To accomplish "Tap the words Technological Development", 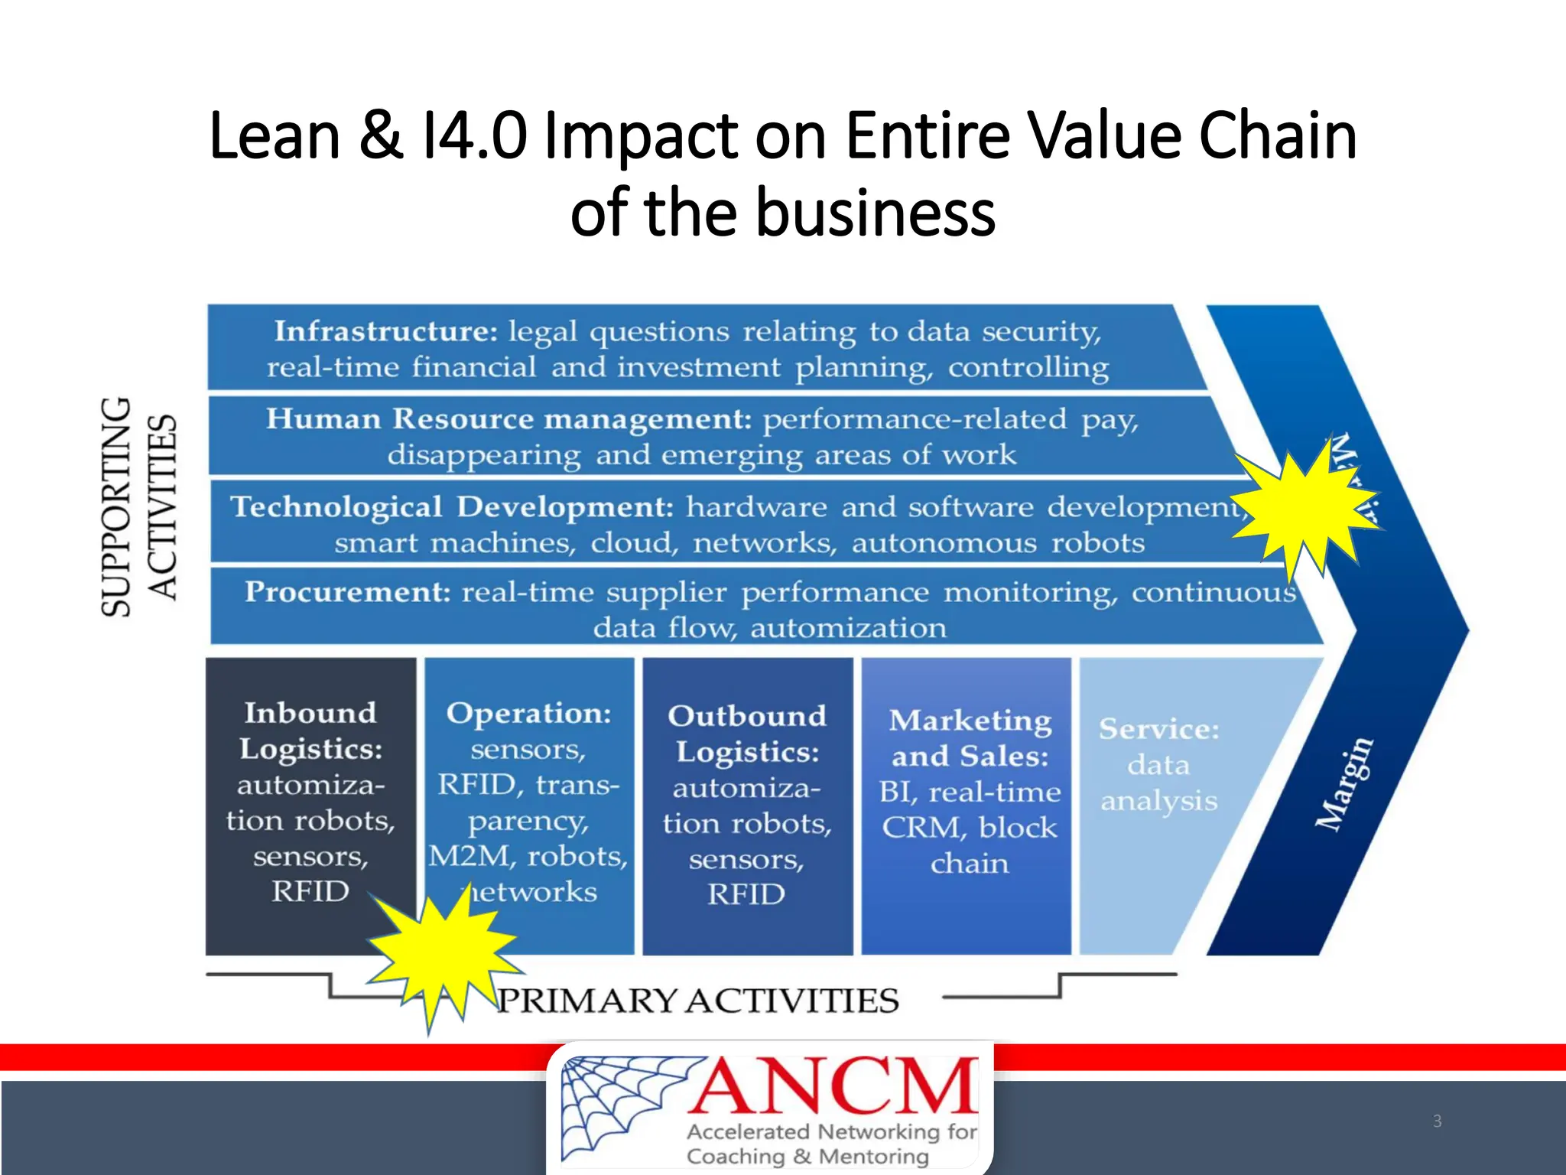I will (452, 507).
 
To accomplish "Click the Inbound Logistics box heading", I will (310, 731).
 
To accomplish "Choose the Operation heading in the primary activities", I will (528, 714).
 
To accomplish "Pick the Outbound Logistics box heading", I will (747, 734).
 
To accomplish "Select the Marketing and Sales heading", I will (970, 738).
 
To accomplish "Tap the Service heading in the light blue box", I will (1158, 729).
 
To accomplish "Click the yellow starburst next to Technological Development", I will (1306, 508).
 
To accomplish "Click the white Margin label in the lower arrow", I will (1344, 784).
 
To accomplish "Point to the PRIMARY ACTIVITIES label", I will (697, 1001).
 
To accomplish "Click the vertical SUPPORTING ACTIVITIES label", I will (139, 506).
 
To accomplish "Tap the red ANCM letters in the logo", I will (833, 1086).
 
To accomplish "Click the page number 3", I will (1437, 1121).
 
